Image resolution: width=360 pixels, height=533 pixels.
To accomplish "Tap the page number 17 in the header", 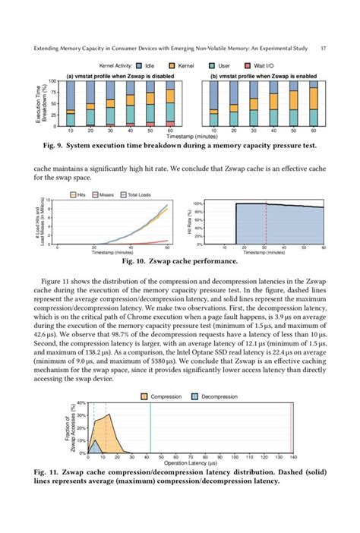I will pyautogui.click(x=324, y=49).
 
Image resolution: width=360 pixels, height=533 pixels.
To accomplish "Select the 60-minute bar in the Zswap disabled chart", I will pyautogui.click(x=170, y=103).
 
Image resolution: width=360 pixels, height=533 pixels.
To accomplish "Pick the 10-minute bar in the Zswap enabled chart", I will pyautogui.click(x=214, y=102).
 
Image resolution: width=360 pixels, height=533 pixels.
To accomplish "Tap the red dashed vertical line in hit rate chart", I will pyautogui.click(x=267, y=223).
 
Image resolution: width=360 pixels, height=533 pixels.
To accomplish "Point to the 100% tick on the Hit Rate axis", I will pyautogui.click(x=198, y=204).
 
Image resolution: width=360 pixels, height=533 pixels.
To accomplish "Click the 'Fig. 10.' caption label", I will pyautogui.click(x=135, y=261).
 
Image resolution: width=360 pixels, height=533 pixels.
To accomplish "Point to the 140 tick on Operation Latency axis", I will pyautogui.click(x=293, y=458).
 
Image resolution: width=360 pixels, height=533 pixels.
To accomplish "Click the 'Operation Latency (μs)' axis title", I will pyautogui.click(x=189, y=464).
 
